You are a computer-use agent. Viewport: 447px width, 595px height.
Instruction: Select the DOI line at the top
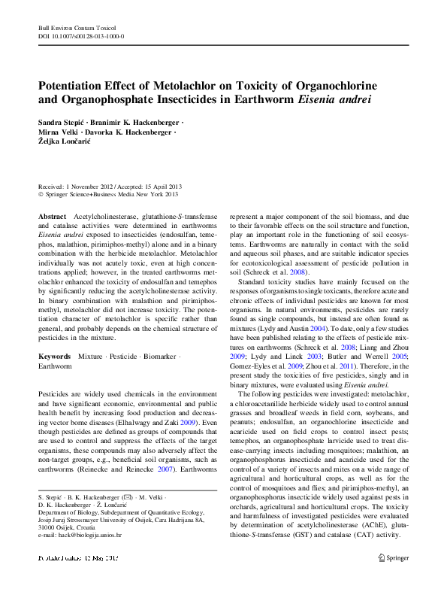[x=81, y=36]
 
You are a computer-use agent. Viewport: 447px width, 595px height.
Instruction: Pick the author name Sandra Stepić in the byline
[x=60, y=122]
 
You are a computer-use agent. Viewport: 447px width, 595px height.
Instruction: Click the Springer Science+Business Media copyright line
[x=113, y=193]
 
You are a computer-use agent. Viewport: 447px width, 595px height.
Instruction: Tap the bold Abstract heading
[x=52, y=215]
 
